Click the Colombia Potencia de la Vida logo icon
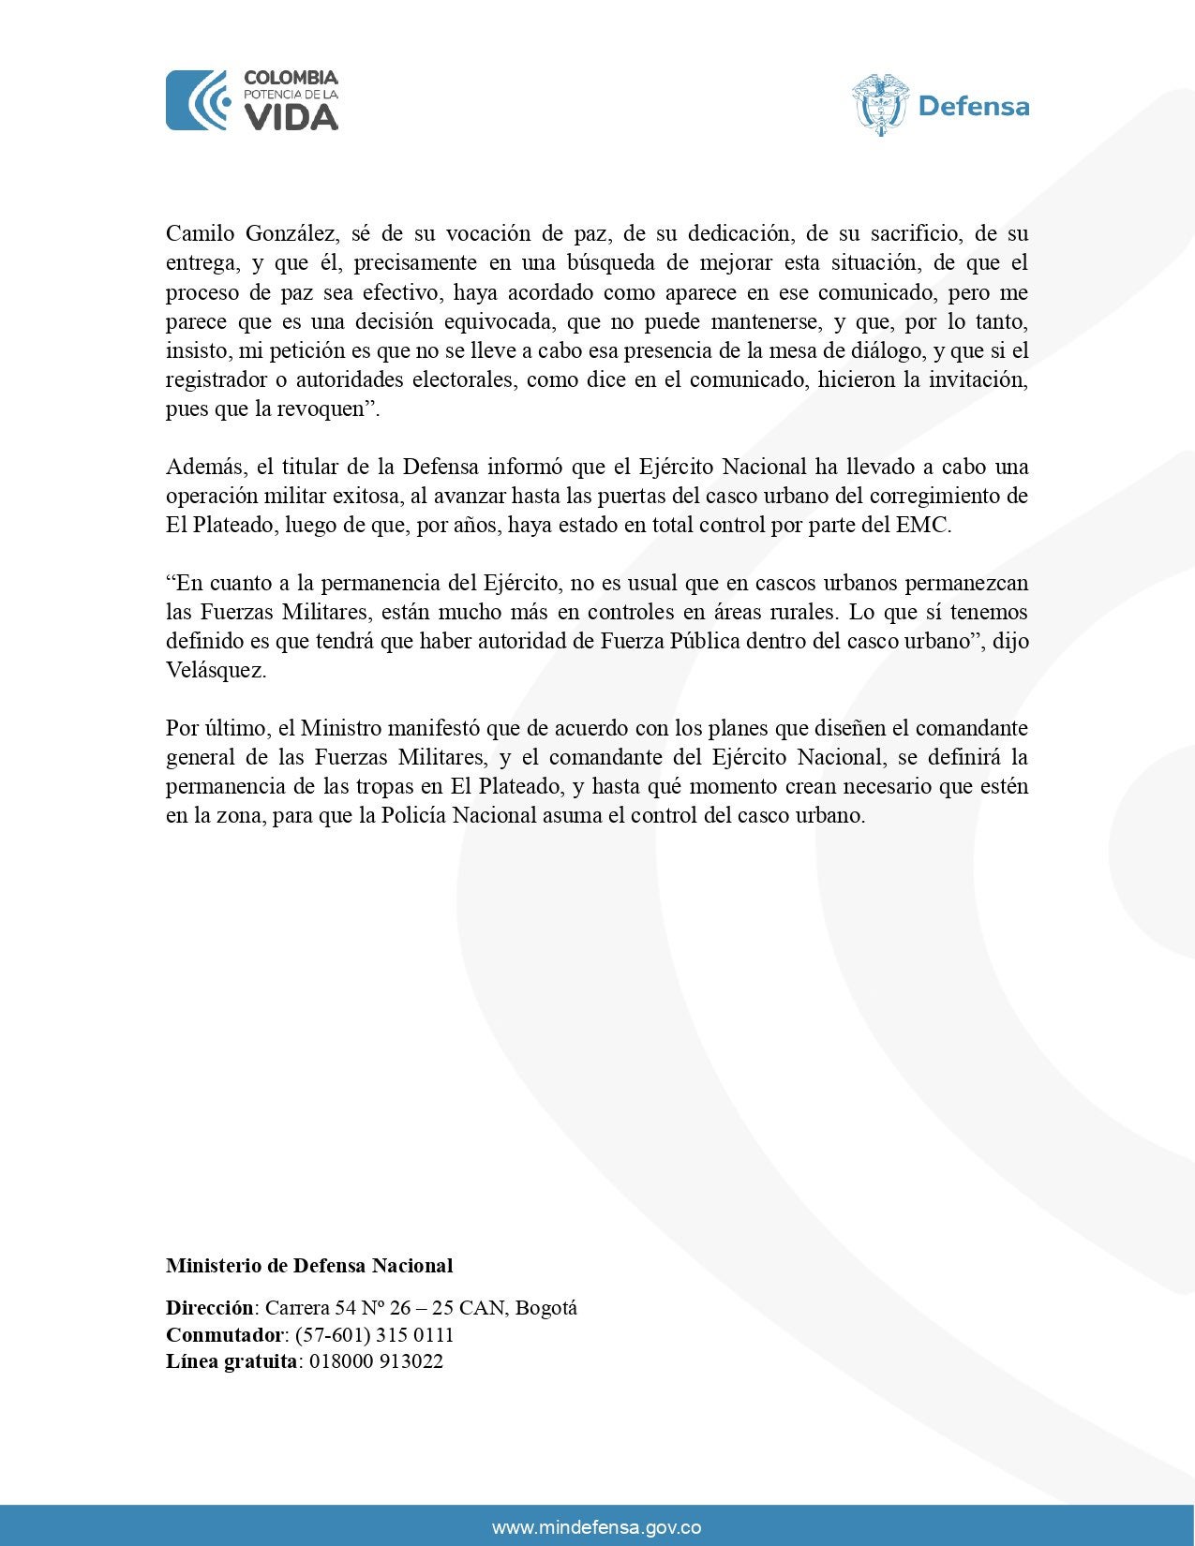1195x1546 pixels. coord(198,100)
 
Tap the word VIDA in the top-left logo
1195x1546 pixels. coord(291,117)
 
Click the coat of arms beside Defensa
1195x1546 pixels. coord(880,104)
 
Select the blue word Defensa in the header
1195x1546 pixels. coord(974,107)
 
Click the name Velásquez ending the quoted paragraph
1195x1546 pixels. coord(215,670)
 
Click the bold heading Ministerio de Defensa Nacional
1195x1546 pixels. coord(309,1266)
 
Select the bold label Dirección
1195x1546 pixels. coord(210,1307)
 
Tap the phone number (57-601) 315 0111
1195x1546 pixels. coord(374,1334)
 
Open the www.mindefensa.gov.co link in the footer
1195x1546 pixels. coord(597,1527)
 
